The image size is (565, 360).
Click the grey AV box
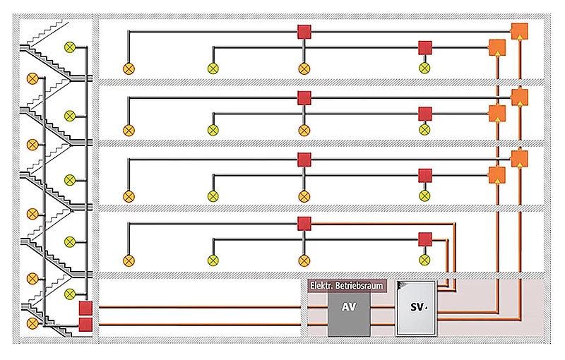click(349, 314)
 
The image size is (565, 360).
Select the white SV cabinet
click(416, 308)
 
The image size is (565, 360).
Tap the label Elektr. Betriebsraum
click(347, 286)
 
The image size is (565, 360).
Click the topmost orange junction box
click(519, 31)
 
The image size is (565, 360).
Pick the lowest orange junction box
click(497, 175)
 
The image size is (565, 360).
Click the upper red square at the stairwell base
click(85, 308)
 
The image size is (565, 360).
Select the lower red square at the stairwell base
click(85, 325)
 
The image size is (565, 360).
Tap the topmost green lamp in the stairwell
click(70, 47)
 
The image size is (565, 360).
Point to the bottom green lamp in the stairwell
click(70, 294)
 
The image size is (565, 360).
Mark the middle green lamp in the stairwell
click(70, 180)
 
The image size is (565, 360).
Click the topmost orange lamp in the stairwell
click(32, 78)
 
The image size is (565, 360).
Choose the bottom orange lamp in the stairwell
click(32, 323)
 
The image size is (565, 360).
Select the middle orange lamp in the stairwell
click(32, 214)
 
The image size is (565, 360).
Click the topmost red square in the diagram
click(304, 32)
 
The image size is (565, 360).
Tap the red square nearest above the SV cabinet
click(425, 239)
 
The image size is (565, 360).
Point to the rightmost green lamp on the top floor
click(425, 68)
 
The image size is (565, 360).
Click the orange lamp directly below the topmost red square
click(304, 68)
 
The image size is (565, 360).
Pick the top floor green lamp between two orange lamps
click(213, 68)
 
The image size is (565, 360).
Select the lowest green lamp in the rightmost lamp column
click(425, 260)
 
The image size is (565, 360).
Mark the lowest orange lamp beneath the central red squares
click(304, 260)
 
